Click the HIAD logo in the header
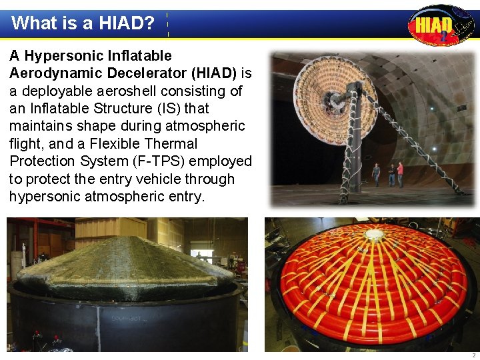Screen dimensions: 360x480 pyautogui.click(x=440, y=25)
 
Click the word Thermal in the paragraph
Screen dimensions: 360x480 pyautogui.click(x=167, y=143)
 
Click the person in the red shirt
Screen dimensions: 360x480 pyautogui.click(x=400, y=173)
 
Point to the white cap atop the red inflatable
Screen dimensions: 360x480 pyautogui.click(x=374, y=235)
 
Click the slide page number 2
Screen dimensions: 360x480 pyautogui.click(x=473, y=355)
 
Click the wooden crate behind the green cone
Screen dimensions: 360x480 pyautogui.click(x=110, y=230)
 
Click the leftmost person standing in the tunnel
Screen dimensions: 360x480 pyautogui.click(x=376, y=174)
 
